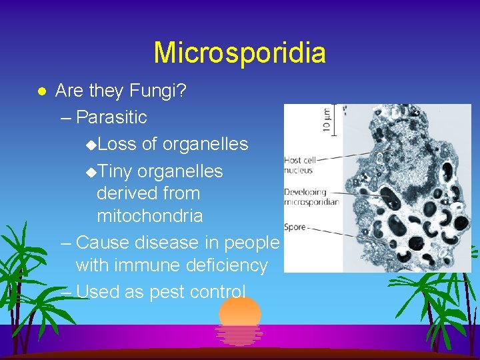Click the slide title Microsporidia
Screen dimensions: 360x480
point(239,53)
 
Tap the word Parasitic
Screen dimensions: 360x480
point(111,117)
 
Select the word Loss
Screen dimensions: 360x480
point(121,144)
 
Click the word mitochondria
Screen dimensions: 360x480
point(149,216)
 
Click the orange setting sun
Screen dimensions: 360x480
point(239,311)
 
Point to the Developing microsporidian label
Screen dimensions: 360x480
point(311,196)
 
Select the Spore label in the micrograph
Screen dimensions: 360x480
point(295,227)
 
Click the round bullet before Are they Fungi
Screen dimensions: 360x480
point(41,91)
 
